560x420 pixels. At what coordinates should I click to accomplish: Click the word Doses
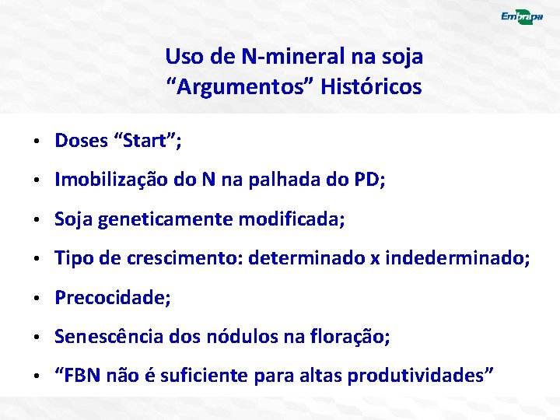(81, 141)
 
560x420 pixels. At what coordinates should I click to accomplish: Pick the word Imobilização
(108, 180)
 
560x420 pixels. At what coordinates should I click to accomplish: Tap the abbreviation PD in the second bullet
(366, 180)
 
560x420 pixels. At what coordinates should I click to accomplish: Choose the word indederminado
(460, 259)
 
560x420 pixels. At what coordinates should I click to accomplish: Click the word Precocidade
(110, 298)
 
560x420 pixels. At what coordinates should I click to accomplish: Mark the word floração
(352, 338)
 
